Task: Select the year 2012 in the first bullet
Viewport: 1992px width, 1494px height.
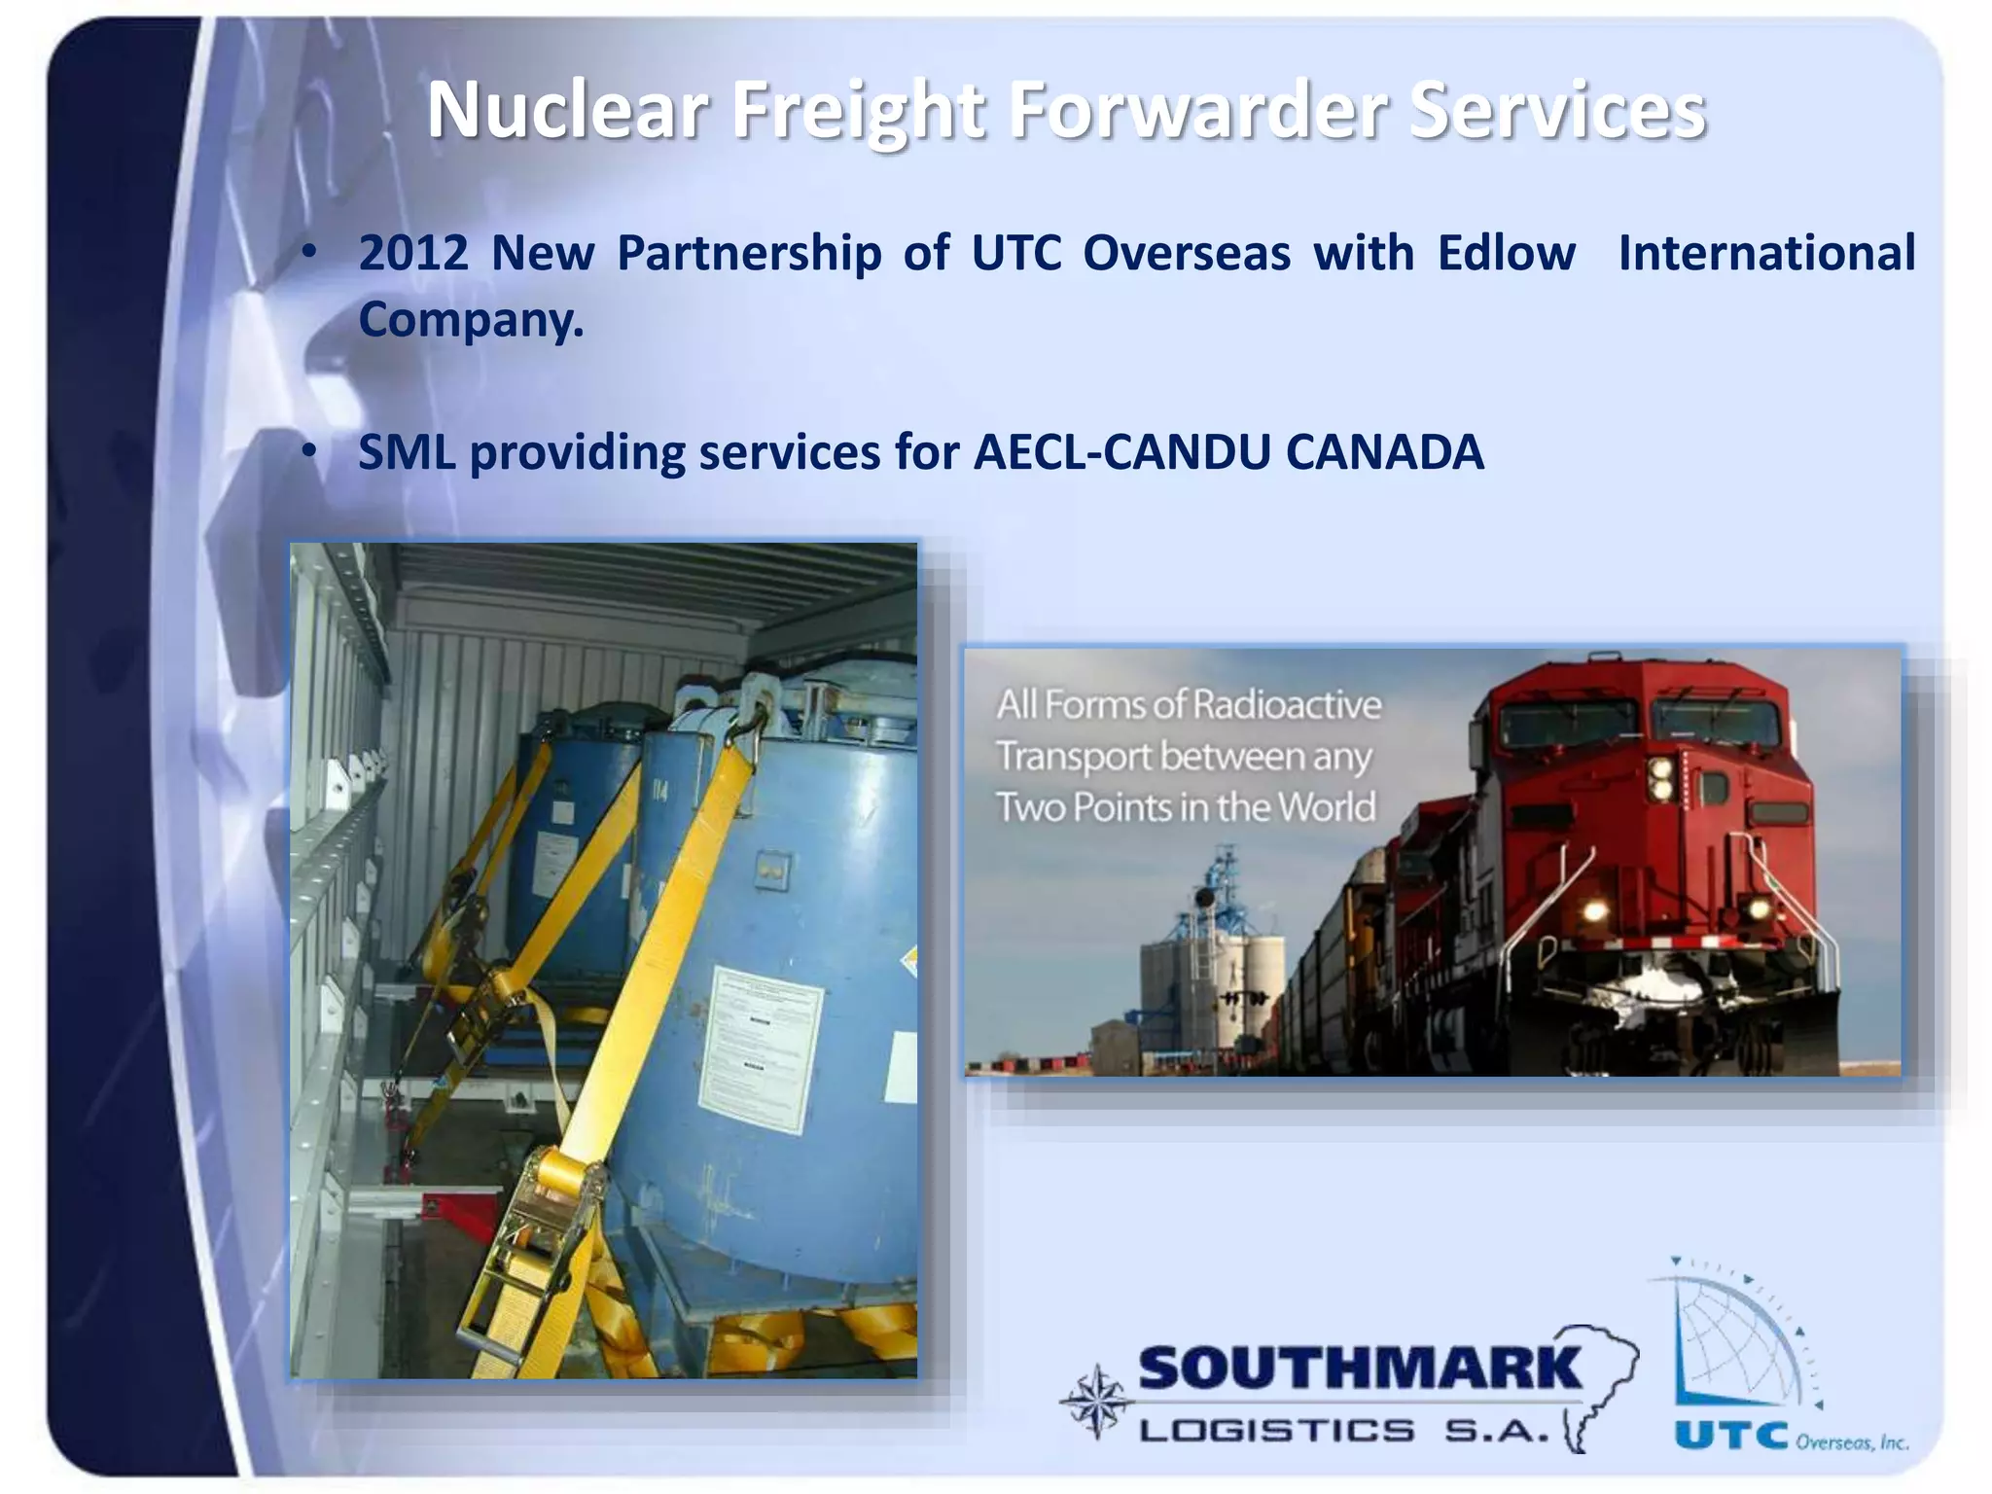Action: [413, 253]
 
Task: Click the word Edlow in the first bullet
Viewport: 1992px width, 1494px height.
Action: [1507, 253]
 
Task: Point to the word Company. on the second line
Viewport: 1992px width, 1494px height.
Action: [472, 318]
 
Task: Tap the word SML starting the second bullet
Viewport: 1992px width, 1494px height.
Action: [407, 452]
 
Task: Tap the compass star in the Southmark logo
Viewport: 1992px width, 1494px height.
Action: [1097, 1402]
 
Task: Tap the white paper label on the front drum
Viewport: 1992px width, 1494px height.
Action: [762, 1046]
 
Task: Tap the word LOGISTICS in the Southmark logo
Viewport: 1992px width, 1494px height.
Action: [1277, 1431]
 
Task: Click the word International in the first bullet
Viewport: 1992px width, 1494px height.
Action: [1765, 253]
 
